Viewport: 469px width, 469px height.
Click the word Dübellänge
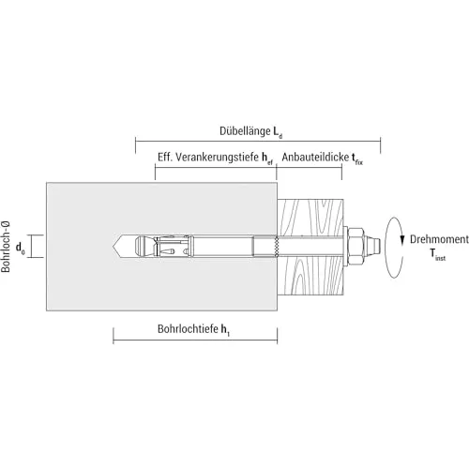tap(245, 131)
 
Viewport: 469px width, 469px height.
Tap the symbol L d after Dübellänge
tap(278, 132)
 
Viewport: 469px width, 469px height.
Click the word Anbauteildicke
tap(315, 157)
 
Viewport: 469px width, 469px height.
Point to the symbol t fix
tap(357, 159)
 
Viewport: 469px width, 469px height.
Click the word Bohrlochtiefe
tap(188, 329)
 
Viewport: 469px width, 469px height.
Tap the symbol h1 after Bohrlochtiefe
tap(225, 330)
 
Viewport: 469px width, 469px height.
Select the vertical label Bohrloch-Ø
tap(6, 247)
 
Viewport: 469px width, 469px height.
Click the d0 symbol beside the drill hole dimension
tap(21, 248)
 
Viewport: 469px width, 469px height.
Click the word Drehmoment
tap(439, 239)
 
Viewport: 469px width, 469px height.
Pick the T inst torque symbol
tap(438, 253)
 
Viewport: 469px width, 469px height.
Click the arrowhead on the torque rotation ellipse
tap(402, 239)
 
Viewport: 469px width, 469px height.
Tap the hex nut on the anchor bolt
tap(356, 246)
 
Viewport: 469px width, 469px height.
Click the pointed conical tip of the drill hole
tap(118, 246)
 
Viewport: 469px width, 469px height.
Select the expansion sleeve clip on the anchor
tap(174, 246)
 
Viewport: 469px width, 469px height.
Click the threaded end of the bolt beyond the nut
tap(372, 246)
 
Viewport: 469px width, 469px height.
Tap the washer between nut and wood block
tap(346, 246)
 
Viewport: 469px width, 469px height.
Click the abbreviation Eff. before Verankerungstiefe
tap(165, 157)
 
